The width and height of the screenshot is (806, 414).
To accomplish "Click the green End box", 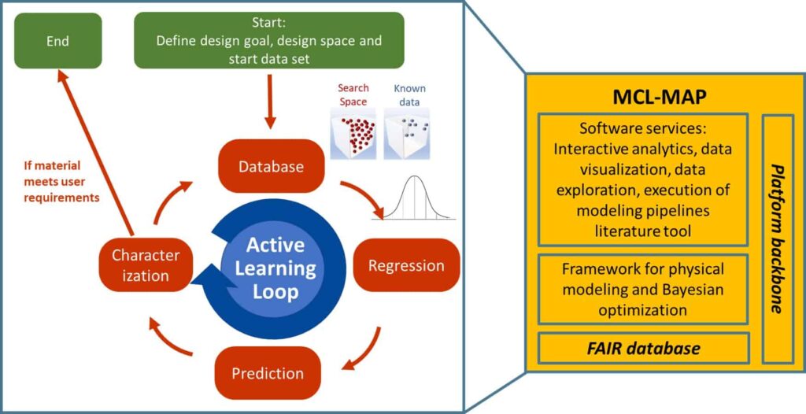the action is (x=58, y=41).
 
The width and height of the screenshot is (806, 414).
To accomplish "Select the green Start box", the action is (x=269, y=41).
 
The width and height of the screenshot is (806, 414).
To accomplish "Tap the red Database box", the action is (x=272, y=166).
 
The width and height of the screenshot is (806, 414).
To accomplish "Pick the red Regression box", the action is (x=406, y=266).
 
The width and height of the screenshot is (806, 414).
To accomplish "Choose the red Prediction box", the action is (x=268, y=373).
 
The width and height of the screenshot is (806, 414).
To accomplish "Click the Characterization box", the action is (x=146, y=265).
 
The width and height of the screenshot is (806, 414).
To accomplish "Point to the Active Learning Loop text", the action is (x=273, y=268).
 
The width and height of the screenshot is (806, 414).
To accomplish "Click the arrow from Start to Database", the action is (x=271, y=102).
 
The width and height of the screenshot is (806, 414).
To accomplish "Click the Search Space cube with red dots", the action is (x=352, y=134).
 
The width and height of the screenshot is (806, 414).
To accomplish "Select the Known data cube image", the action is (x=407, y=134).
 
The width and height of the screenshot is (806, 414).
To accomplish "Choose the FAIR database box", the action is (x=643, y=349).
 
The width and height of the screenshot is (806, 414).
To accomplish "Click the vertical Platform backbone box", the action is (x=778, y=238).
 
